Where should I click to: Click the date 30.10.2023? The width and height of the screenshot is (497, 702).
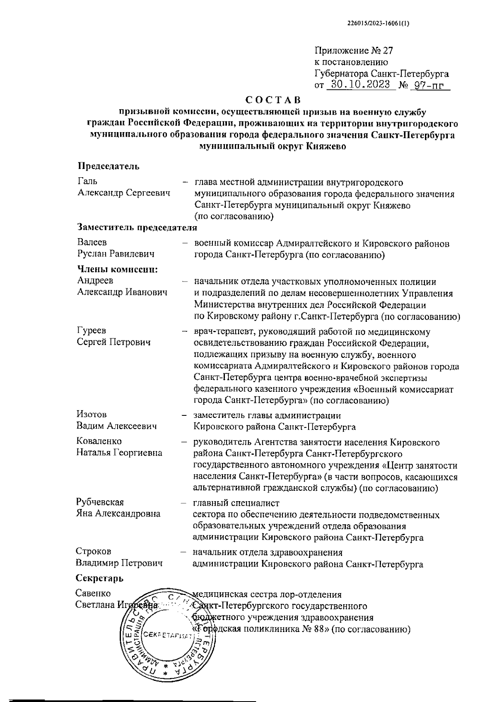358,85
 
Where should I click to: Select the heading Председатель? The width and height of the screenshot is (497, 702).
109,166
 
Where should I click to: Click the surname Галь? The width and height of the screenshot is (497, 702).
87,181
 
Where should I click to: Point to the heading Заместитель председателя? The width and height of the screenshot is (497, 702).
137,227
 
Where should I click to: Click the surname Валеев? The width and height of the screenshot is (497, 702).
92,242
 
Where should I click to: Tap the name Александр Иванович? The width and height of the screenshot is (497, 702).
122,292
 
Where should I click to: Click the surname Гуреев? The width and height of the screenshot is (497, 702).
91,330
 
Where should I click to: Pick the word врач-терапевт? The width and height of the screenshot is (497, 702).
220,332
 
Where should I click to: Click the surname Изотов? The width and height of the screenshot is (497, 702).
92,414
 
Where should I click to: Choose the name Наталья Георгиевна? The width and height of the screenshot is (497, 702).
119,453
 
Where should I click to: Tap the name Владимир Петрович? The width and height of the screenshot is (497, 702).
119,563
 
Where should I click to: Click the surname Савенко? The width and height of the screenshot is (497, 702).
93,593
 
